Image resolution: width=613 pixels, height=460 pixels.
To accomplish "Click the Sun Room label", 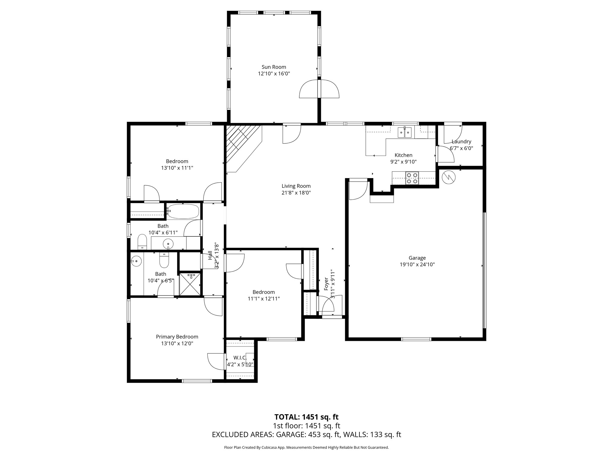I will pos(274,67).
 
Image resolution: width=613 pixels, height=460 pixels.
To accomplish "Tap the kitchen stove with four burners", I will pos(412,178).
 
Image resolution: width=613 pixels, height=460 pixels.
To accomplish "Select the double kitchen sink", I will pos(405,132).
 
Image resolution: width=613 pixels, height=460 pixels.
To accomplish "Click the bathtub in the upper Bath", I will pos(183,211).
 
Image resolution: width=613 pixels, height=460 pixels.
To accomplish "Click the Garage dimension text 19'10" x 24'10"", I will pos(417,264).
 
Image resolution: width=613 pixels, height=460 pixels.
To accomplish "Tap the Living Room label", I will pos(296,186).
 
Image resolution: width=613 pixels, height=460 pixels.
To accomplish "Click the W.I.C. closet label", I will pos(240,358).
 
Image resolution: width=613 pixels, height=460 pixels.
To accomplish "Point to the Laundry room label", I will pos(461,141).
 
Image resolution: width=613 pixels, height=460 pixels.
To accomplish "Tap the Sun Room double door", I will pos(319,89).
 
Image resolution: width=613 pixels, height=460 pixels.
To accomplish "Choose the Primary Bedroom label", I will pos(177,337).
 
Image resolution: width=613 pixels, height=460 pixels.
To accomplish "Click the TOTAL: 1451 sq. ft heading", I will pos(306,417).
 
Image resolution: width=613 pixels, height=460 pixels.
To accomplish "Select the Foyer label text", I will pos(326,284).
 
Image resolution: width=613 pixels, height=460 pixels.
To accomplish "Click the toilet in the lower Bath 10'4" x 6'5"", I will pos(164,260).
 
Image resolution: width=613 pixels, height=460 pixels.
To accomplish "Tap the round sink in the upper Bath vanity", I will pos(168,244).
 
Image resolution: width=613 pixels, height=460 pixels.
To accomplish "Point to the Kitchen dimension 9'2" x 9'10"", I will pos(403,162).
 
